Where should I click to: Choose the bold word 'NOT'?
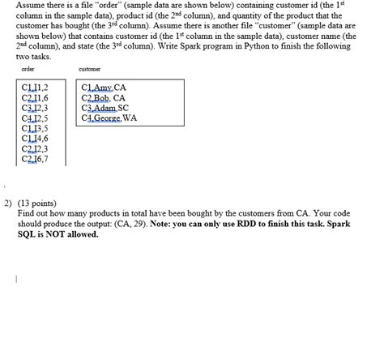pyautogui.click(x=54, y=235)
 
